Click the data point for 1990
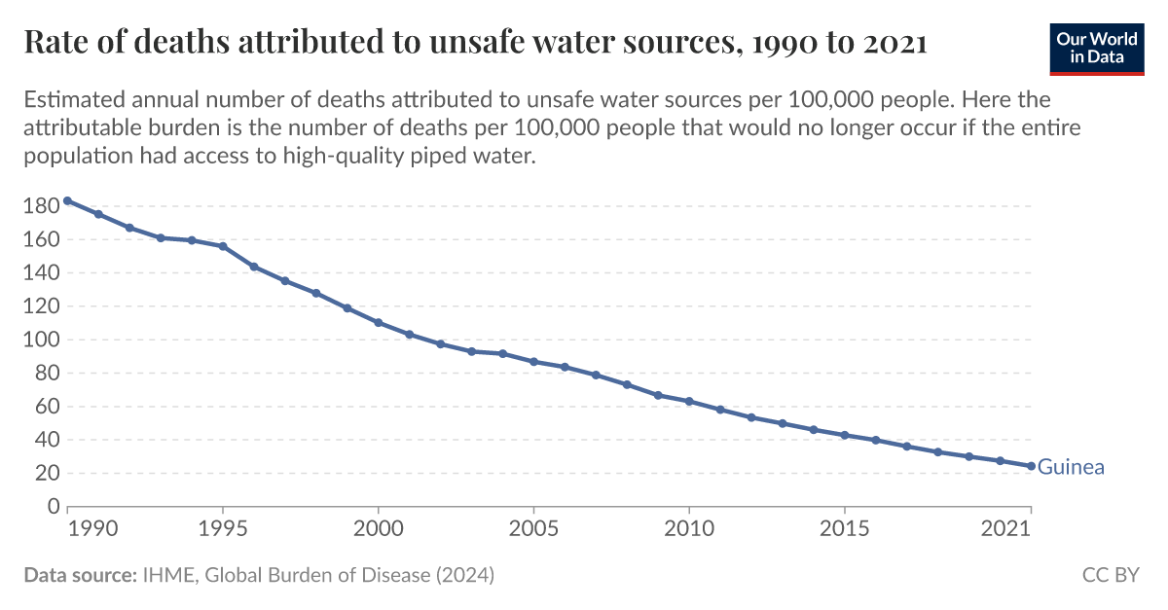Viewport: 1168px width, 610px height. point(67,200)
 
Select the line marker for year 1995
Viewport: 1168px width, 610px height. point(223,246)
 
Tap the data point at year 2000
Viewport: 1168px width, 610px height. point(378,323)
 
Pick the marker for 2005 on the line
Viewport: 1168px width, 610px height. point(533,362)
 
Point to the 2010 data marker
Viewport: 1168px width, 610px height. point(689,401)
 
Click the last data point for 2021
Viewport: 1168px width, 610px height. point(1031,466)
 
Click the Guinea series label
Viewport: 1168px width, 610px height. point(1071,467)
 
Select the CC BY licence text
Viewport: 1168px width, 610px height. point(1110,575)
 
